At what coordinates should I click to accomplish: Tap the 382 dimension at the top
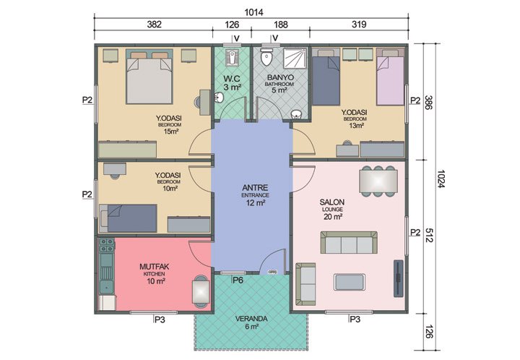(x=153, y=24)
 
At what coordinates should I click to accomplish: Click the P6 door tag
(x=238, y=279)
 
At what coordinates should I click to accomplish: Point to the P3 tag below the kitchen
(x=160, y=319)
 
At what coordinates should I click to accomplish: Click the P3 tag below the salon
(x=354, y=319)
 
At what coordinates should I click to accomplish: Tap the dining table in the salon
(x=378, y=181)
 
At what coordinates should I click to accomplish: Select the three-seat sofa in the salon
(x=348, y=243)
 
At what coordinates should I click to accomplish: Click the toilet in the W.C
(x=231, y=56)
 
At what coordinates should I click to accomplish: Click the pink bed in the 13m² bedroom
(x=390, y=78)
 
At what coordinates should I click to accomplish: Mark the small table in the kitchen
(x=200, y=292)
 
